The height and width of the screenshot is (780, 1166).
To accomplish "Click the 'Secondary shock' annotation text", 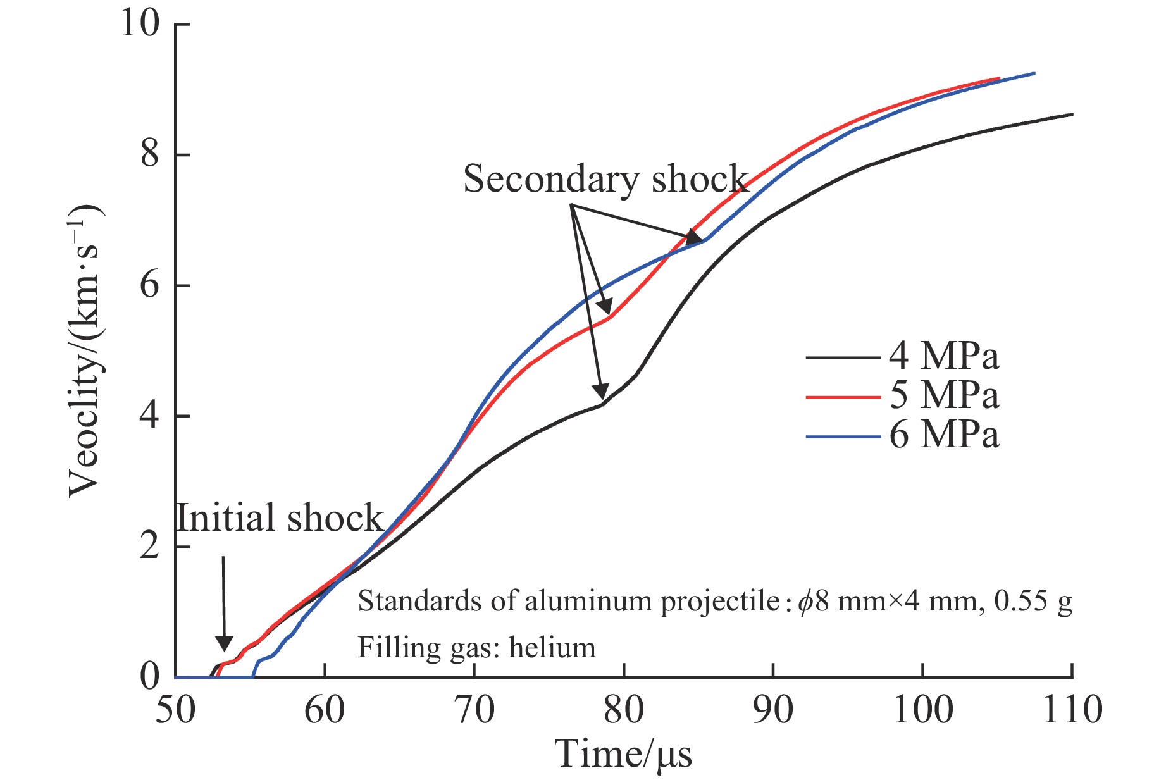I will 605,179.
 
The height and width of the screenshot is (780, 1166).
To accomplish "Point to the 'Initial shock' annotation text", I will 280,518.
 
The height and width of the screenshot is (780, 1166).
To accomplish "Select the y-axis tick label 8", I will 150,155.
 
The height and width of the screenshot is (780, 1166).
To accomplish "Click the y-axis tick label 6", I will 150,286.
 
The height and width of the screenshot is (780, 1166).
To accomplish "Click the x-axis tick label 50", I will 175,710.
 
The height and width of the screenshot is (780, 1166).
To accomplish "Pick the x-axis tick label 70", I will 474,710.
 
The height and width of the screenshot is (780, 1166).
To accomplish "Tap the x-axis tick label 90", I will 773,710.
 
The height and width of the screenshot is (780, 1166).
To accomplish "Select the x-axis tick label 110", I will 1072,710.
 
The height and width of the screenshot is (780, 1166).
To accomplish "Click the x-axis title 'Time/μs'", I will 623,754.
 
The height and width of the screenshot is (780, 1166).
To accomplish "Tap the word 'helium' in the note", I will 552,647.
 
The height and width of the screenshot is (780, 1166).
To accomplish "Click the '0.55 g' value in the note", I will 1033,601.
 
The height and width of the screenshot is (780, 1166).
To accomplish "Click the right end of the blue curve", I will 1034,73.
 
